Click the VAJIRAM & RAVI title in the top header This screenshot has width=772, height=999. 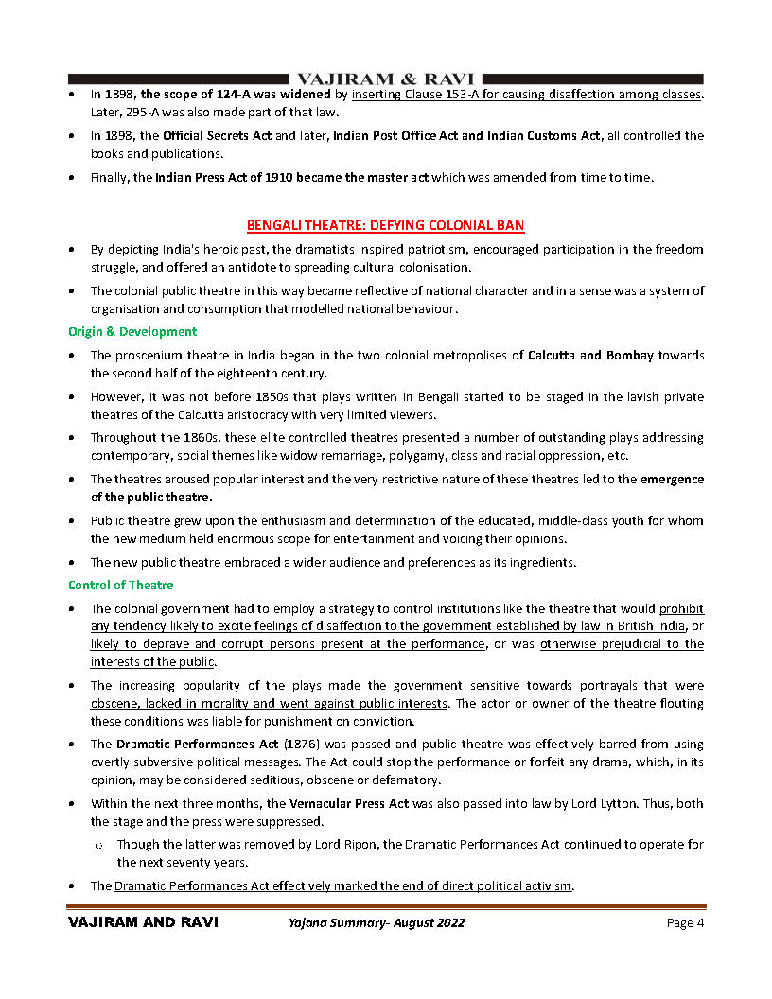[386, 79]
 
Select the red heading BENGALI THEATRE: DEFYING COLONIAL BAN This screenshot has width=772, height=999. [385, 225]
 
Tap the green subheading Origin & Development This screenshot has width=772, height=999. [132, 331]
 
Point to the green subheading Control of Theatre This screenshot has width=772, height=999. [120, 585]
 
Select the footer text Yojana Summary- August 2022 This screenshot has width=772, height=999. [376, 923]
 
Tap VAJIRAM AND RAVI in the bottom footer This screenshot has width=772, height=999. [143, 923]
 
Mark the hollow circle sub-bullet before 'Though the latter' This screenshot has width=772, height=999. [98, 845]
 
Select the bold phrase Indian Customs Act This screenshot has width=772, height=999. [544, 136]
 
